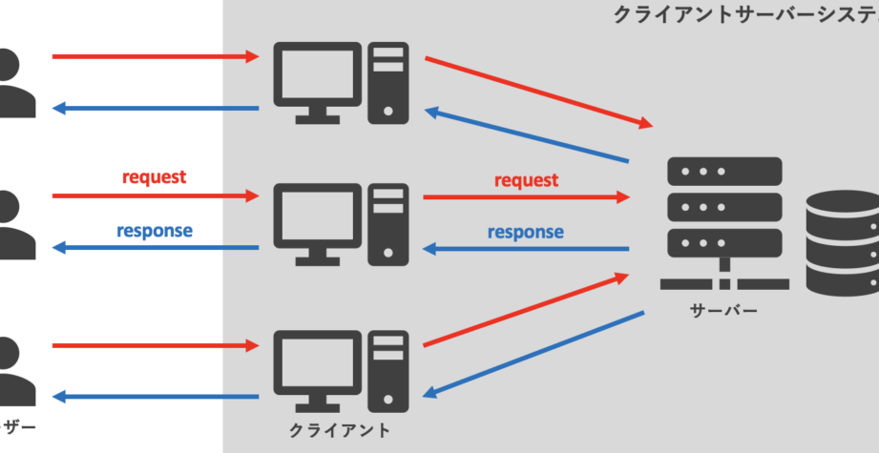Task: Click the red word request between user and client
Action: click(154, 177)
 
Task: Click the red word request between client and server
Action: click(526, 180)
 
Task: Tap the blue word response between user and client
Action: click(155, 230)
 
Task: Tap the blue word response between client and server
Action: click(525, 232)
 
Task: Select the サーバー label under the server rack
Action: click(724, 311)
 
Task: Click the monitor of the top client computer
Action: click(316, 74)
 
